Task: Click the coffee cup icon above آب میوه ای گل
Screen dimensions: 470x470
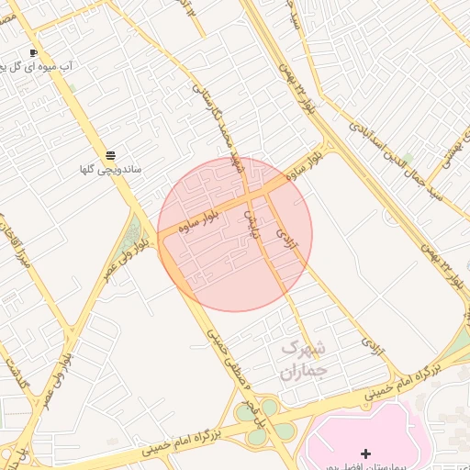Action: (34, 52)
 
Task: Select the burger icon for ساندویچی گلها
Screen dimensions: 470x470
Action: (110, 154)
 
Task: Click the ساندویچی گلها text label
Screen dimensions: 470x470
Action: (110, 170)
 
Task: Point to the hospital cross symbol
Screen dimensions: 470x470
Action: (366, 453)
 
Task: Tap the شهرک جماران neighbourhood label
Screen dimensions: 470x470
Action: (302, 361)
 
